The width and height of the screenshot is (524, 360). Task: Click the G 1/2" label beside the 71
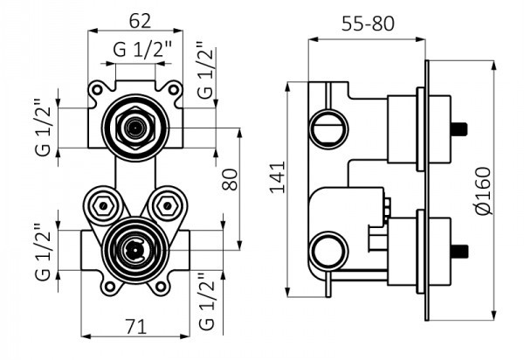(x=206, y=302)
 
